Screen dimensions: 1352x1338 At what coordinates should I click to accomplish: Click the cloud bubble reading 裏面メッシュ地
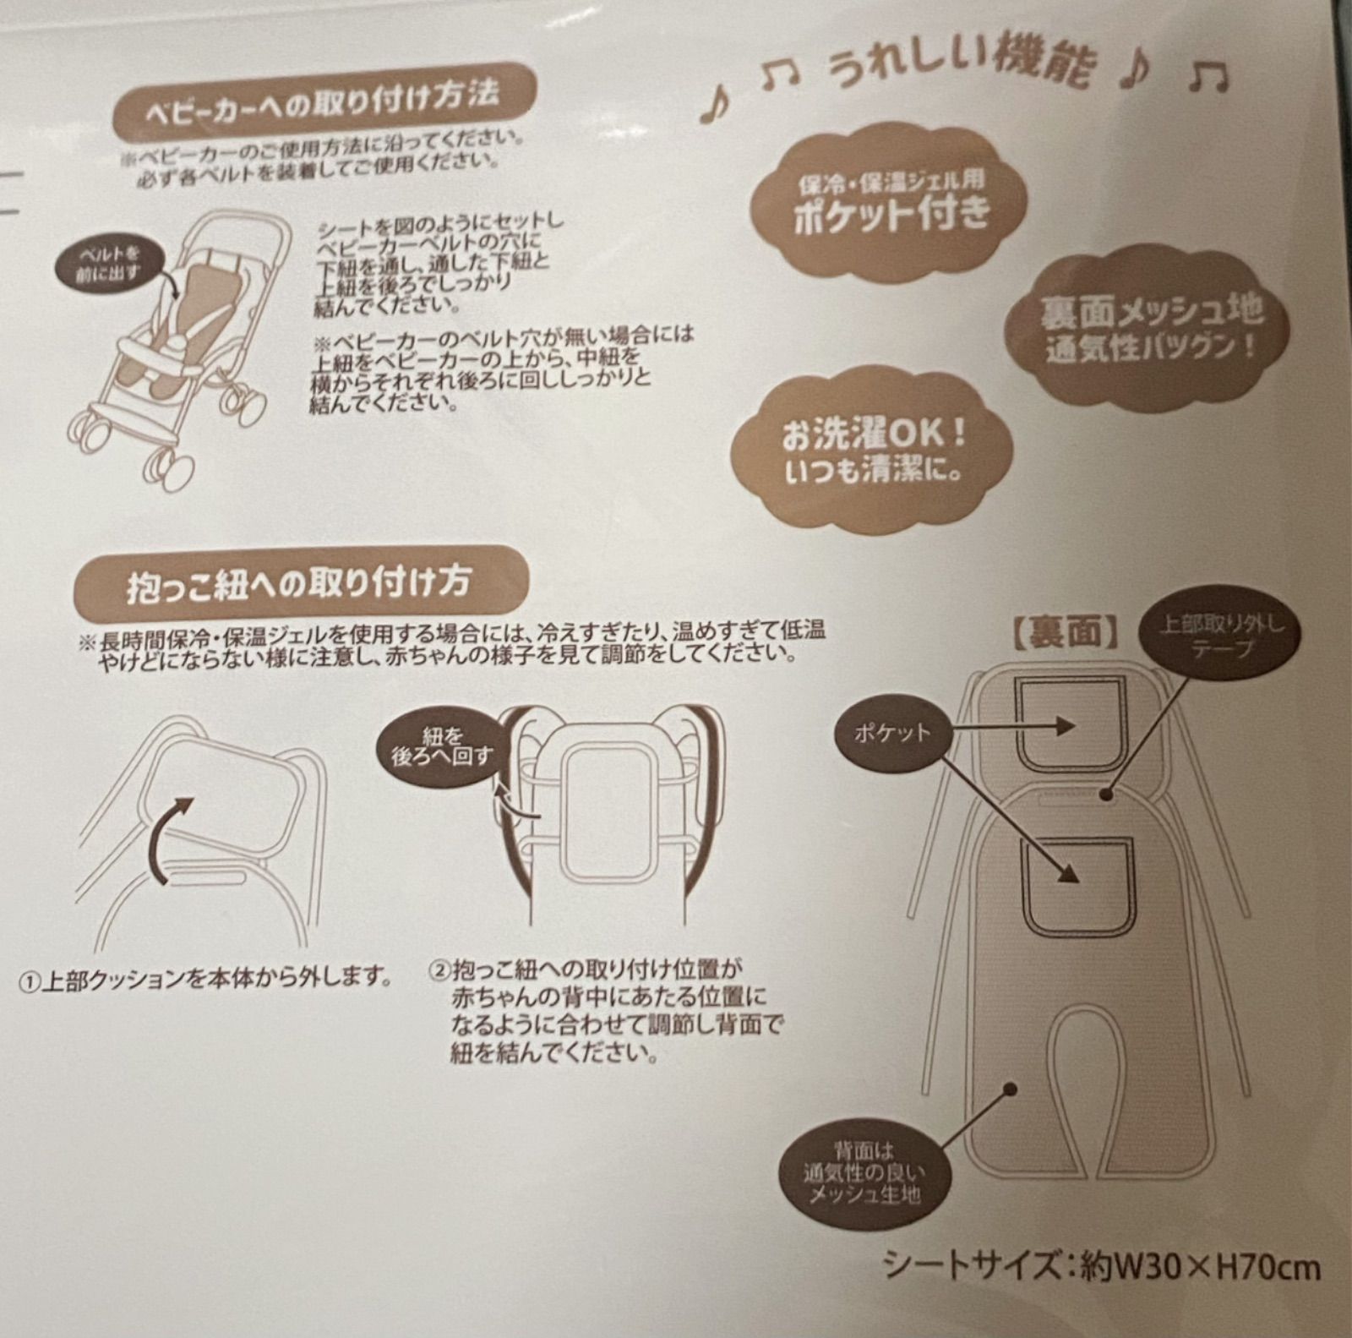[x=1152, y=326]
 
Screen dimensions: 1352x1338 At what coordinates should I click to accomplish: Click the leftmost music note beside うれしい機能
[x=717, y=105]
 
